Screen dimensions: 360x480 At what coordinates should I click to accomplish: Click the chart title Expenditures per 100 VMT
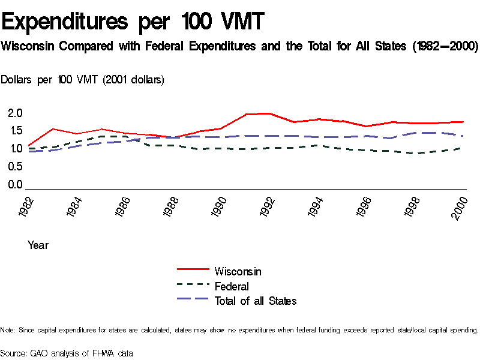[133, 22]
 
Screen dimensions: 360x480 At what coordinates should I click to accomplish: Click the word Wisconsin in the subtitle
[29, 46]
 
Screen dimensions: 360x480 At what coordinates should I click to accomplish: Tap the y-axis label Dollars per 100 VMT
[83, 80]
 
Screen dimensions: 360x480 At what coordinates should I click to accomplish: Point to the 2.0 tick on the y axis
[15, 113]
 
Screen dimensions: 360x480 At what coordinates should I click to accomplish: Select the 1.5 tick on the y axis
[15, 131]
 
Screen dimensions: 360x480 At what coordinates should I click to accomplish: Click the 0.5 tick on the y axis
[15, 167]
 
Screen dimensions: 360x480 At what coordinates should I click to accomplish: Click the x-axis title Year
[38, 245]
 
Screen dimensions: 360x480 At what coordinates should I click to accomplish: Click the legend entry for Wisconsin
[238, 271]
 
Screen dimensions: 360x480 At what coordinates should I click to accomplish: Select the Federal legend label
[231, 286]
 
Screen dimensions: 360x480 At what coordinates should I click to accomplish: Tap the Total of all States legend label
[256, 301]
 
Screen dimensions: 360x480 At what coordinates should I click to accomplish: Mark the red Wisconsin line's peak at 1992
[268, 113]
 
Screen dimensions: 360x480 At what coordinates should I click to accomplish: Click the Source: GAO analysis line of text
[66, 353]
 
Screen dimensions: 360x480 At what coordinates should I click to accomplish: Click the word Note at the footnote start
[8, 331]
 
